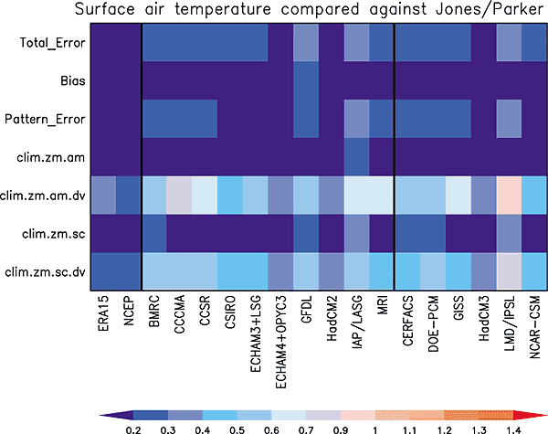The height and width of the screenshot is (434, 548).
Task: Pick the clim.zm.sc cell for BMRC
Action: point(155,232)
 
